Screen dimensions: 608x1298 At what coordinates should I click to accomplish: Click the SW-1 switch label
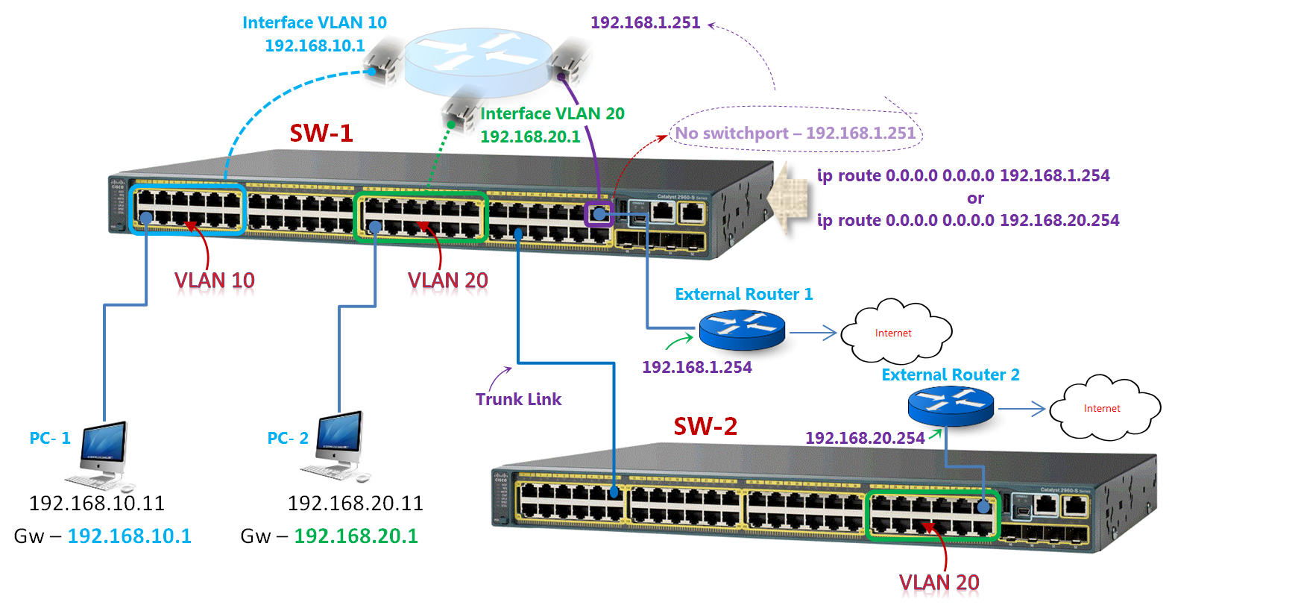click(321, 133)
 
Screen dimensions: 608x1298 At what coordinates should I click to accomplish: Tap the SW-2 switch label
click(705, 426)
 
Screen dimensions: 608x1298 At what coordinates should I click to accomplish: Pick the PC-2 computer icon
click(338, 445)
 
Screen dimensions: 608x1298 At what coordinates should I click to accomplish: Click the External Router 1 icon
click(742, 330)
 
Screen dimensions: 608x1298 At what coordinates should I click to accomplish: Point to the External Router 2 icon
click(951, 407)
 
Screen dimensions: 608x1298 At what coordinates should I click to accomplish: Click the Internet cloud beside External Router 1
click(895, 332)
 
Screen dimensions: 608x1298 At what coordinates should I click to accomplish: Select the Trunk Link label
click(518, 399)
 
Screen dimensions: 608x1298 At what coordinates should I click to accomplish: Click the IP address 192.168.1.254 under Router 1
click(696, 367)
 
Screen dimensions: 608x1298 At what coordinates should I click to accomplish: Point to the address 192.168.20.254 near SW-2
click(865, 438)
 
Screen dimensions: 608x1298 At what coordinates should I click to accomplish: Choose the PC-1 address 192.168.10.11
click(96, 504)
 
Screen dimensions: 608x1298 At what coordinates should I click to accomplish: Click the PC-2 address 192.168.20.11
click(355, 504)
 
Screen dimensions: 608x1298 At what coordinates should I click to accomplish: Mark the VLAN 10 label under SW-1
click(215, 281)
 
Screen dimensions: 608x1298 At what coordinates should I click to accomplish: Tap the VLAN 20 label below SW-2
click(939, 583)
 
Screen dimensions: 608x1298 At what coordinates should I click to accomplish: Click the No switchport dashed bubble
click(795, 133)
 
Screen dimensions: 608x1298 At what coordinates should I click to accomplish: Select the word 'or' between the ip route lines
click(975, 198)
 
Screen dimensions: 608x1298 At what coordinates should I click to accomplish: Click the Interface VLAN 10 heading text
click(315, 22)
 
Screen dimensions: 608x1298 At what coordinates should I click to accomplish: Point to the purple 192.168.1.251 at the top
click(645, 22)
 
